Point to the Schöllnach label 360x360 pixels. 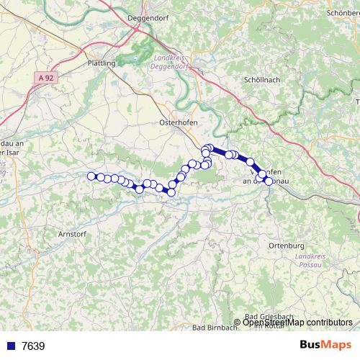click(261, 79)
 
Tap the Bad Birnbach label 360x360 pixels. click(216, 328)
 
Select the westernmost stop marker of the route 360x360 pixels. click(91, 176)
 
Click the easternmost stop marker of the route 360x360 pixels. click(269, 181)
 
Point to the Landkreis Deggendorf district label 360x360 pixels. click(169, 63)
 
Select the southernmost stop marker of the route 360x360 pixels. click(171, 192)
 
